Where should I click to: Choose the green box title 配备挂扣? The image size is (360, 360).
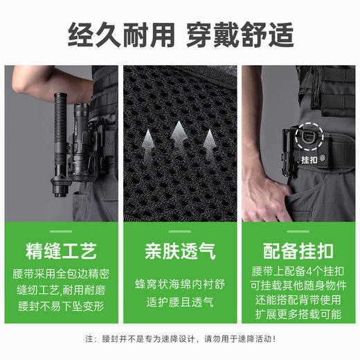pyautogui.click(x=299, y=249)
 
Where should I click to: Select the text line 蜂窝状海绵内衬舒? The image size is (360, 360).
pyautogui.click(x=179, y=283)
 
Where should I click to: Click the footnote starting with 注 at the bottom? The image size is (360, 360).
pyautogui.click(x=179, y=339)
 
